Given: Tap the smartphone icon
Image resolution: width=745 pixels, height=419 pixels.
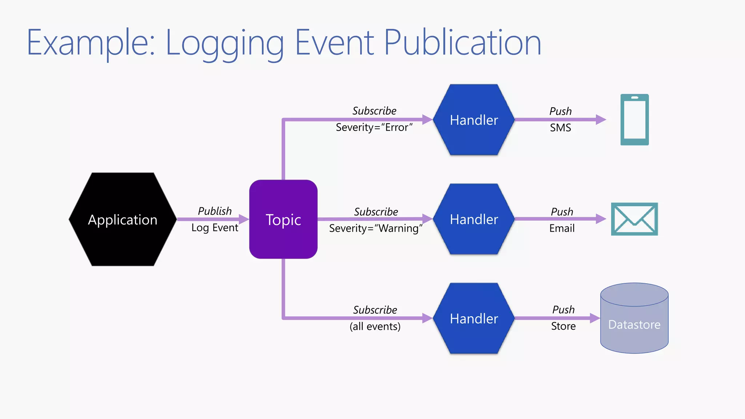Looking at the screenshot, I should coord(634,120).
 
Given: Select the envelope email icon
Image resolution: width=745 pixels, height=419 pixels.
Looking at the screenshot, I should coord(634,219).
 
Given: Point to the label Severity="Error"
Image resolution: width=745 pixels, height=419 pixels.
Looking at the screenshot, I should coord(374,128).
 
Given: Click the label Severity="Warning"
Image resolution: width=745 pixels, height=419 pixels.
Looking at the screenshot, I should coord(375,228).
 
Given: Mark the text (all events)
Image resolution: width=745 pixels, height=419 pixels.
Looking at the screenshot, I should coord(375,326).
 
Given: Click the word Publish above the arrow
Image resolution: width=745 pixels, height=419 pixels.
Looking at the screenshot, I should coord(215,211).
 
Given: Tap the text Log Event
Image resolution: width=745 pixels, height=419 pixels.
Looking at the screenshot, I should coord(215,228).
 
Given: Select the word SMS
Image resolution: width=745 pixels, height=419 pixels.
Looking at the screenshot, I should coord(560,128).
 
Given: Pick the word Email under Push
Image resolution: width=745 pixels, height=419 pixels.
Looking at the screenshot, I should coord(562,228).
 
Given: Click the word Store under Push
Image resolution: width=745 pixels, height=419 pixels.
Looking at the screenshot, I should coord(563,326).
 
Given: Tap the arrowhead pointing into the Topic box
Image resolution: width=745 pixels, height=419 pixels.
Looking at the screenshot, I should coord(244,219).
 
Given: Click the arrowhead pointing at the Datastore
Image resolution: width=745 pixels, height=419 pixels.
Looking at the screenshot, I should coord(595,318).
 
